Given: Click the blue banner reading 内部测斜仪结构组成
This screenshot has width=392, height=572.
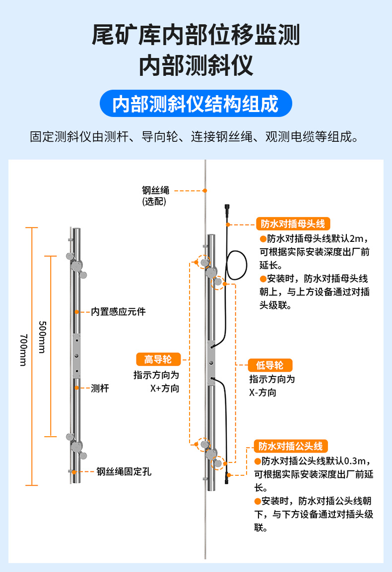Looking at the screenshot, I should [196, 104].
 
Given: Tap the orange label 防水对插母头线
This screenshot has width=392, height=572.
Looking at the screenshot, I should [293, 224].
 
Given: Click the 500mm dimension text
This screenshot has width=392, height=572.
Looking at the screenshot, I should [42, 337].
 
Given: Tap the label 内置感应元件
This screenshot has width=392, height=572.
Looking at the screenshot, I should [118, 312].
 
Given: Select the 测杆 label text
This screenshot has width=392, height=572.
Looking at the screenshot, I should [100, 388].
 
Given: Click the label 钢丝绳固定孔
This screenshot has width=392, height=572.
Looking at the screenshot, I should [124, 471].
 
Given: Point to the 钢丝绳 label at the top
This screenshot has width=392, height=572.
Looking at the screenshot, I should [156, 190].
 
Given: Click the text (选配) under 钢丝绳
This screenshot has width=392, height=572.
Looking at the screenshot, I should [154, 201].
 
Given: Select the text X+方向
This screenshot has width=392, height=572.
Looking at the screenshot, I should [165, 388].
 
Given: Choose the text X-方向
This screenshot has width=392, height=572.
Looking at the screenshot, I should [262, 393].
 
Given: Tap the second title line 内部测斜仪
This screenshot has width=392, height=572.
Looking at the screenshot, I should [196, 65].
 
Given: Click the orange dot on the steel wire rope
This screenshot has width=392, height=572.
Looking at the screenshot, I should [204, 190].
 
